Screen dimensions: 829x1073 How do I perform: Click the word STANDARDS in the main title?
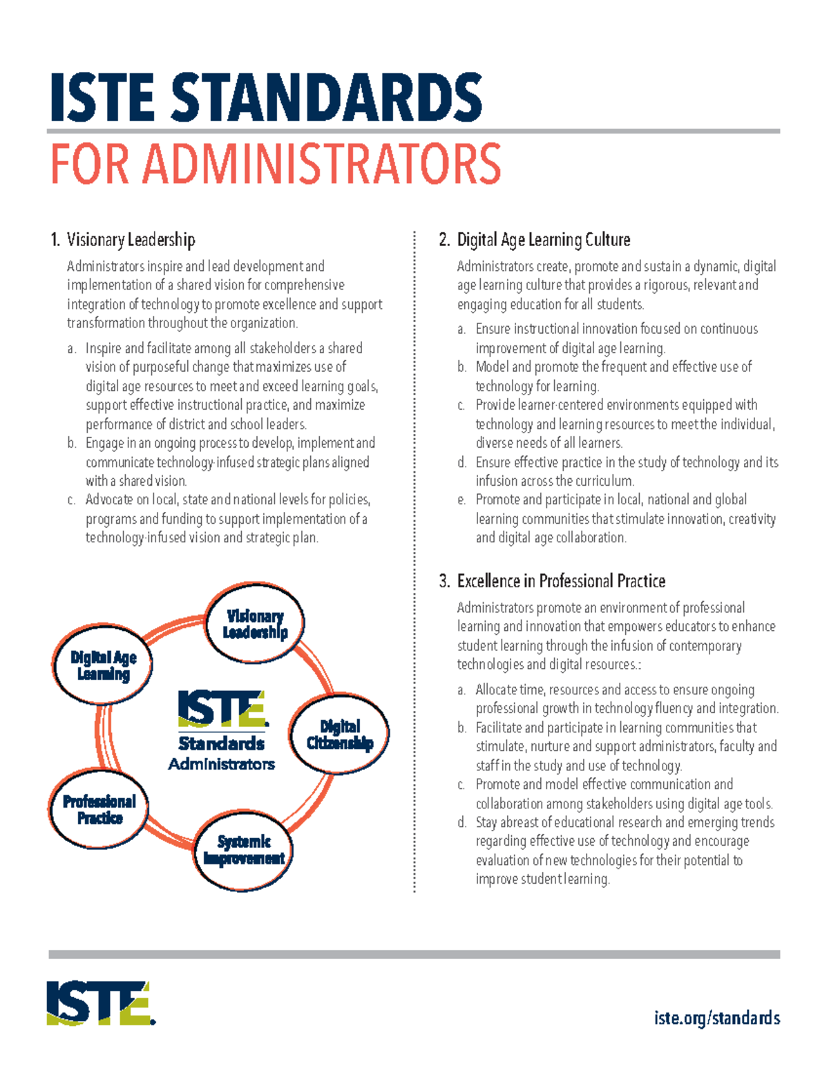[x=326, y=98]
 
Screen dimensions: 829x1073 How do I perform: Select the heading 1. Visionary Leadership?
[x=123, y=240]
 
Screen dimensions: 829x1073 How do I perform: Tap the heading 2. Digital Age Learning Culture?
[x=535, y=240]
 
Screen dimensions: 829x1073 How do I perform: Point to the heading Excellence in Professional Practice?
[x=561, y=581]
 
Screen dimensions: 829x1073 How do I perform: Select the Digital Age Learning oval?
[x=103, y=665]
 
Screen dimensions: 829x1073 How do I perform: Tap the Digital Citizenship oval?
[x=339, y=734]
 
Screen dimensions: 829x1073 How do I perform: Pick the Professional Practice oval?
[x=99, y=809]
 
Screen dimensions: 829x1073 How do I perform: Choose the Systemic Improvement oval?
[x=243, y=850]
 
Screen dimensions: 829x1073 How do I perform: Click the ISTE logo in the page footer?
[x=101, y=1003]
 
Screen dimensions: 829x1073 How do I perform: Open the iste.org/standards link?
[x=716, y=1018]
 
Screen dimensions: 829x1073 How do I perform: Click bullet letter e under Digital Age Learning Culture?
[x=461, y=500]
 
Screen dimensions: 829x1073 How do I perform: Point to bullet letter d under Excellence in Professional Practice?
[x=461, y=823]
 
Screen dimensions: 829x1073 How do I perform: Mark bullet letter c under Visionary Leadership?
[x=71, y=500]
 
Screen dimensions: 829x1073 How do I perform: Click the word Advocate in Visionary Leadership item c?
[x=109, y=500]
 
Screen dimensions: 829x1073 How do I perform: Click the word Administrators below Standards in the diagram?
[x=221, y=764]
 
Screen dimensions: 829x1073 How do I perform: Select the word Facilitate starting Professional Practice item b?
[x=499, y=728]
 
